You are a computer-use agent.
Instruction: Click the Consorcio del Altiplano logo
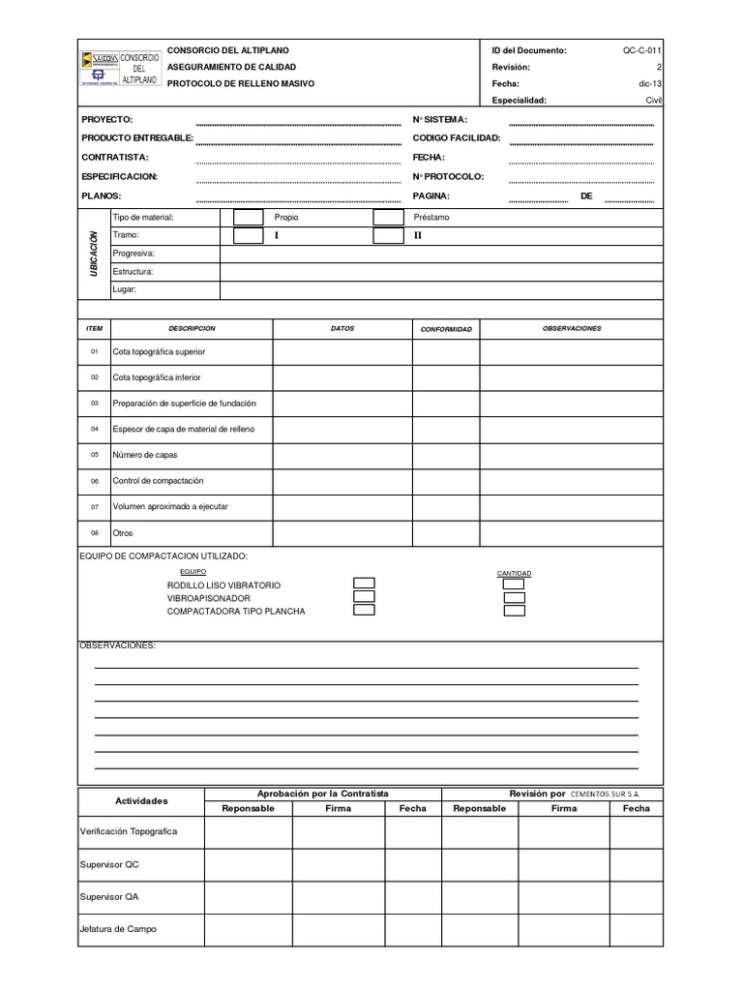pyautogui.click(x=120, y=68)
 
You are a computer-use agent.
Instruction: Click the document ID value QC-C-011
pyautogui.click(x=642, y=50)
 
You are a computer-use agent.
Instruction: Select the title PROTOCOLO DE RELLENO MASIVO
pyautogui.click(x=241, y=84)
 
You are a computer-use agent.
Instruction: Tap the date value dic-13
pyautogui.click(x=650, y=84)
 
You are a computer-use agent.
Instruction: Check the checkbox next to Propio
pyautogui.click(x=249, y=218)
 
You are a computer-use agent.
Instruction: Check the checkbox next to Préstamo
pyautogui.click(x=388, y=218)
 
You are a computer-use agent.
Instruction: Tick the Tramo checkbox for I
pyautogui.click(x=249, y=235)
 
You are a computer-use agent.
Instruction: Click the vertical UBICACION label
pyautogui.click(x=94, y=254)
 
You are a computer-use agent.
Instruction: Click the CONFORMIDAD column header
pyautogui.click(x=446, y=329)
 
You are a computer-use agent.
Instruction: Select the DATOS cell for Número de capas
pyautogui.click(x=342, y=454)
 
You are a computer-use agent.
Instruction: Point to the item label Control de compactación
pyautogui.click(x=158, y=481)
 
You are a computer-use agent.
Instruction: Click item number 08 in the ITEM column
pyautogui.click(x=95, y=533)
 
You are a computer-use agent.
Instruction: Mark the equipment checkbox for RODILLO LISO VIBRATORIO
pyautogui.click(x=364, y=584)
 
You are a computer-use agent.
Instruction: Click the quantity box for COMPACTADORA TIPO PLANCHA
pyautogui.click(x=515, y=611)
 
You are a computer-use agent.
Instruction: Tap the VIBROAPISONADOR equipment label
pyautogui.click(x=209, y=598)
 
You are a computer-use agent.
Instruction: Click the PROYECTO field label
pyautogui.click(x=107, y=119)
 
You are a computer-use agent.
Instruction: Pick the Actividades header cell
pyautogui.click(x=141, y=801)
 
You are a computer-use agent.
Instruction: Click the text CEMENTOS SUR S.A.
pyautogui.click(x=605, y=794)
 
